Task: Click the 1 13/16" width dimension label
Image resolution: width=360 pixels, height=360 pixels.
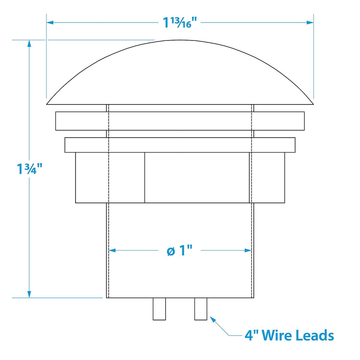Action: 180,22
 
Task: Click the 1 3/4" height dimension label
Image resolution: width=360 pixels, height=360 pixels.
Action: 30,169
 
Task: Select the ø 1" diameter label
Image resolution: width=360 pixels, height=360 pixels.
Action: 179,250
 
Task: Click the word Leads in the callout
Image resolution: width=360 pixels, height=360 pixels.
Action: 315,335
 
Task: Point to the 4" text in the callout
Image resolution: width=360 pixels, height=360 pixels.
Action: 251,335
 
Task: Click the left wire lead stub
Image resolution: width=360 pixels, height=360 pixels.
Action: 159,309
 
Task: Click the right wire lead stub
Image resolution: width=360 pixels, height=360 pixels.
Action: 201,309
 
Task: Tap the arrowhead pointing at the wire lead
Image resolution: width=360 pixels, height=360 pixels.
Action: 213,320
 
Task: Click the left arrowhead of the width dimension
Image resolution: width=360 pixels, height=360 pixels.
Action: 50,22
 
